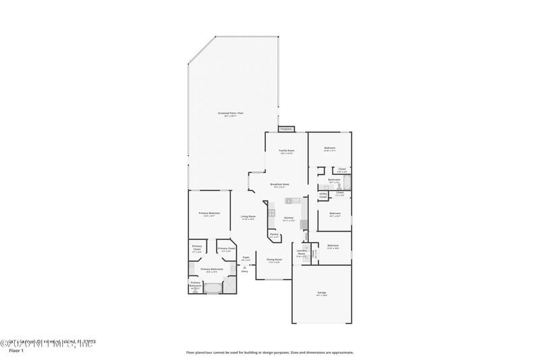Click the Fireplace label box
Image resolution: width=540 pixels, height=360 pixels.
click(x=286, y=128)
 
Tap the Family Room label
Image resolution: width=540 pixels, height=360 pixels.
click(x=286, y=151)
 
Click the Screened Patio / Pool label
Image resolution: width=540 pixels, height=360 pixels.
click(x=230, y=114)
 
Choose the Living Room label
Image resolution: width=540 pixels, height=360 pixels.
click(x=248, y=217)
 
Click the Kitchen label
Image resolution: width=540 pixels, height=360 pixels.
click(x=288, y=218)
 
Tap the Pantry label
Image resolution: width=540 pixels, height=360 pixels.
click(x=274, y=236)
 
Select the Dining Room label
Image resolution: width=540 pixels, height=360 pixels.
click(x=274, y=260)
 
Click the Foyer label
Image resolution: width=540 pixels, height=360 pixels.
click(x=246, y=258)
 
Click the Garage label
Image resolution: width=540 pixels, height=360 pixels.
click(x=321, y=294)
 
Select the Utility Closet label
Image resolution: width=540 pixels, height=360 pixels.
click(x=323, y=196)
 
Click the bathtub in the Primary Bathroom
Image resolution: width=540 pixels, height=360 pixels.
click(x=213, y=288)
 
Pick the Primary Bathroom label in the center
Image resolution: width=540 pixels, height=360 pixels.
click(x=212, y=269)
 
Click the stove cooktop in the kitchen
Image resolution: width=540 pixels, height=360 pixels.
click(x=271, y=213)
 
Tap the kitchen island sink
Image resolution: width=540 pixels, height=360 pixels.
click(x=292, y=201)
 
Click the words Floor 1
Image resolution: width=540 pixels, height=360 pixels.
click(x=16, y=351)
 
